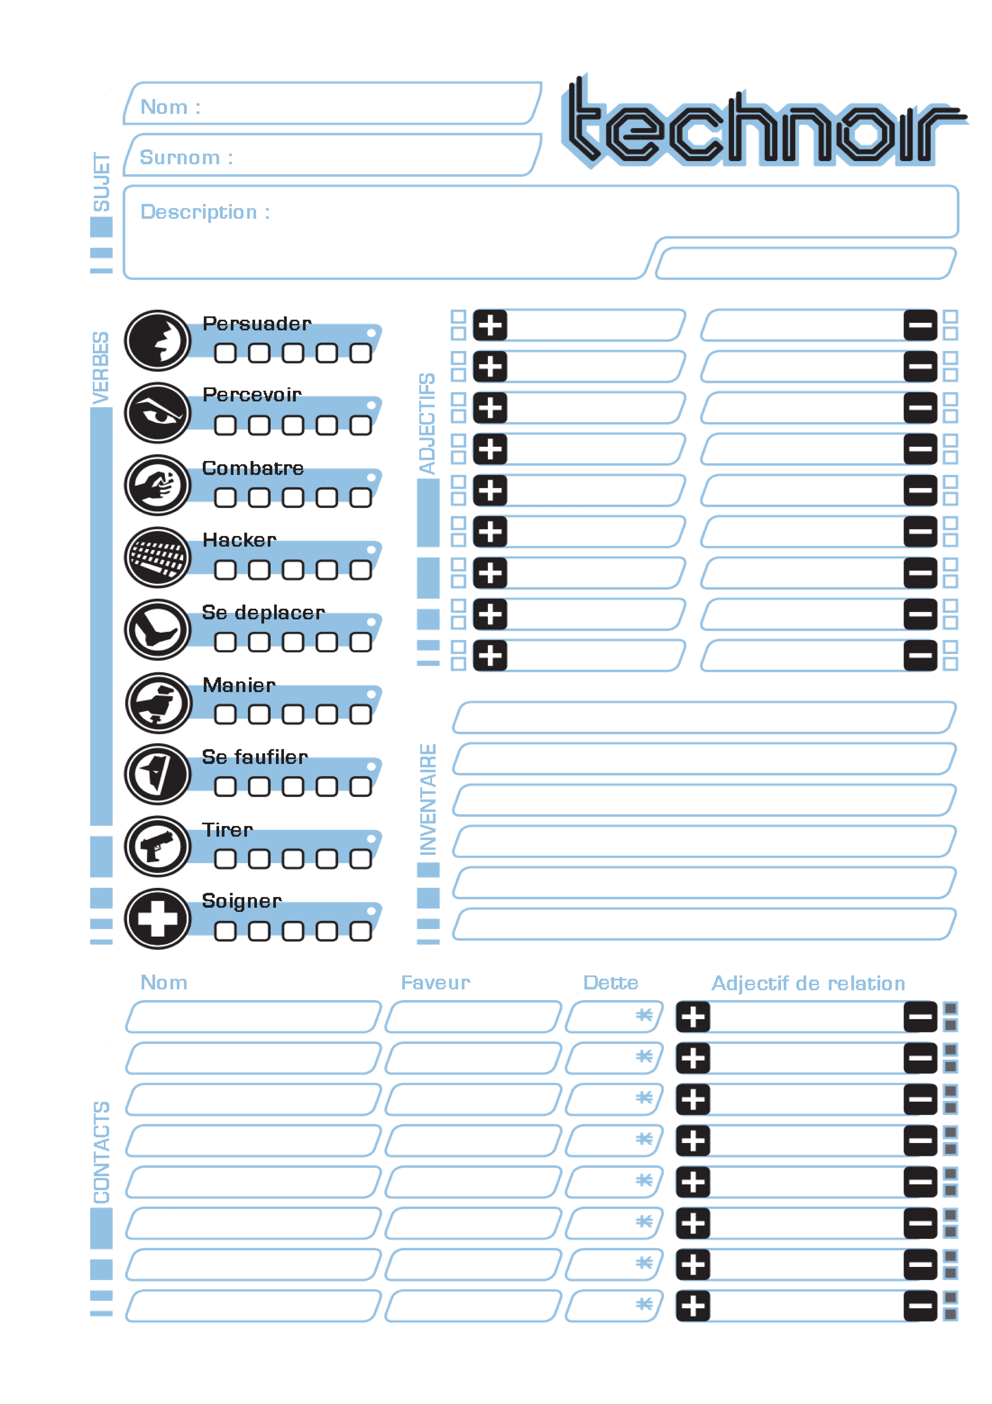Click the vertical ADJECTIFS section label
point(427,424)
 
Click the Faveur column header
point(435,983)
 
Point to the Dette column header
point(611,983)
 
